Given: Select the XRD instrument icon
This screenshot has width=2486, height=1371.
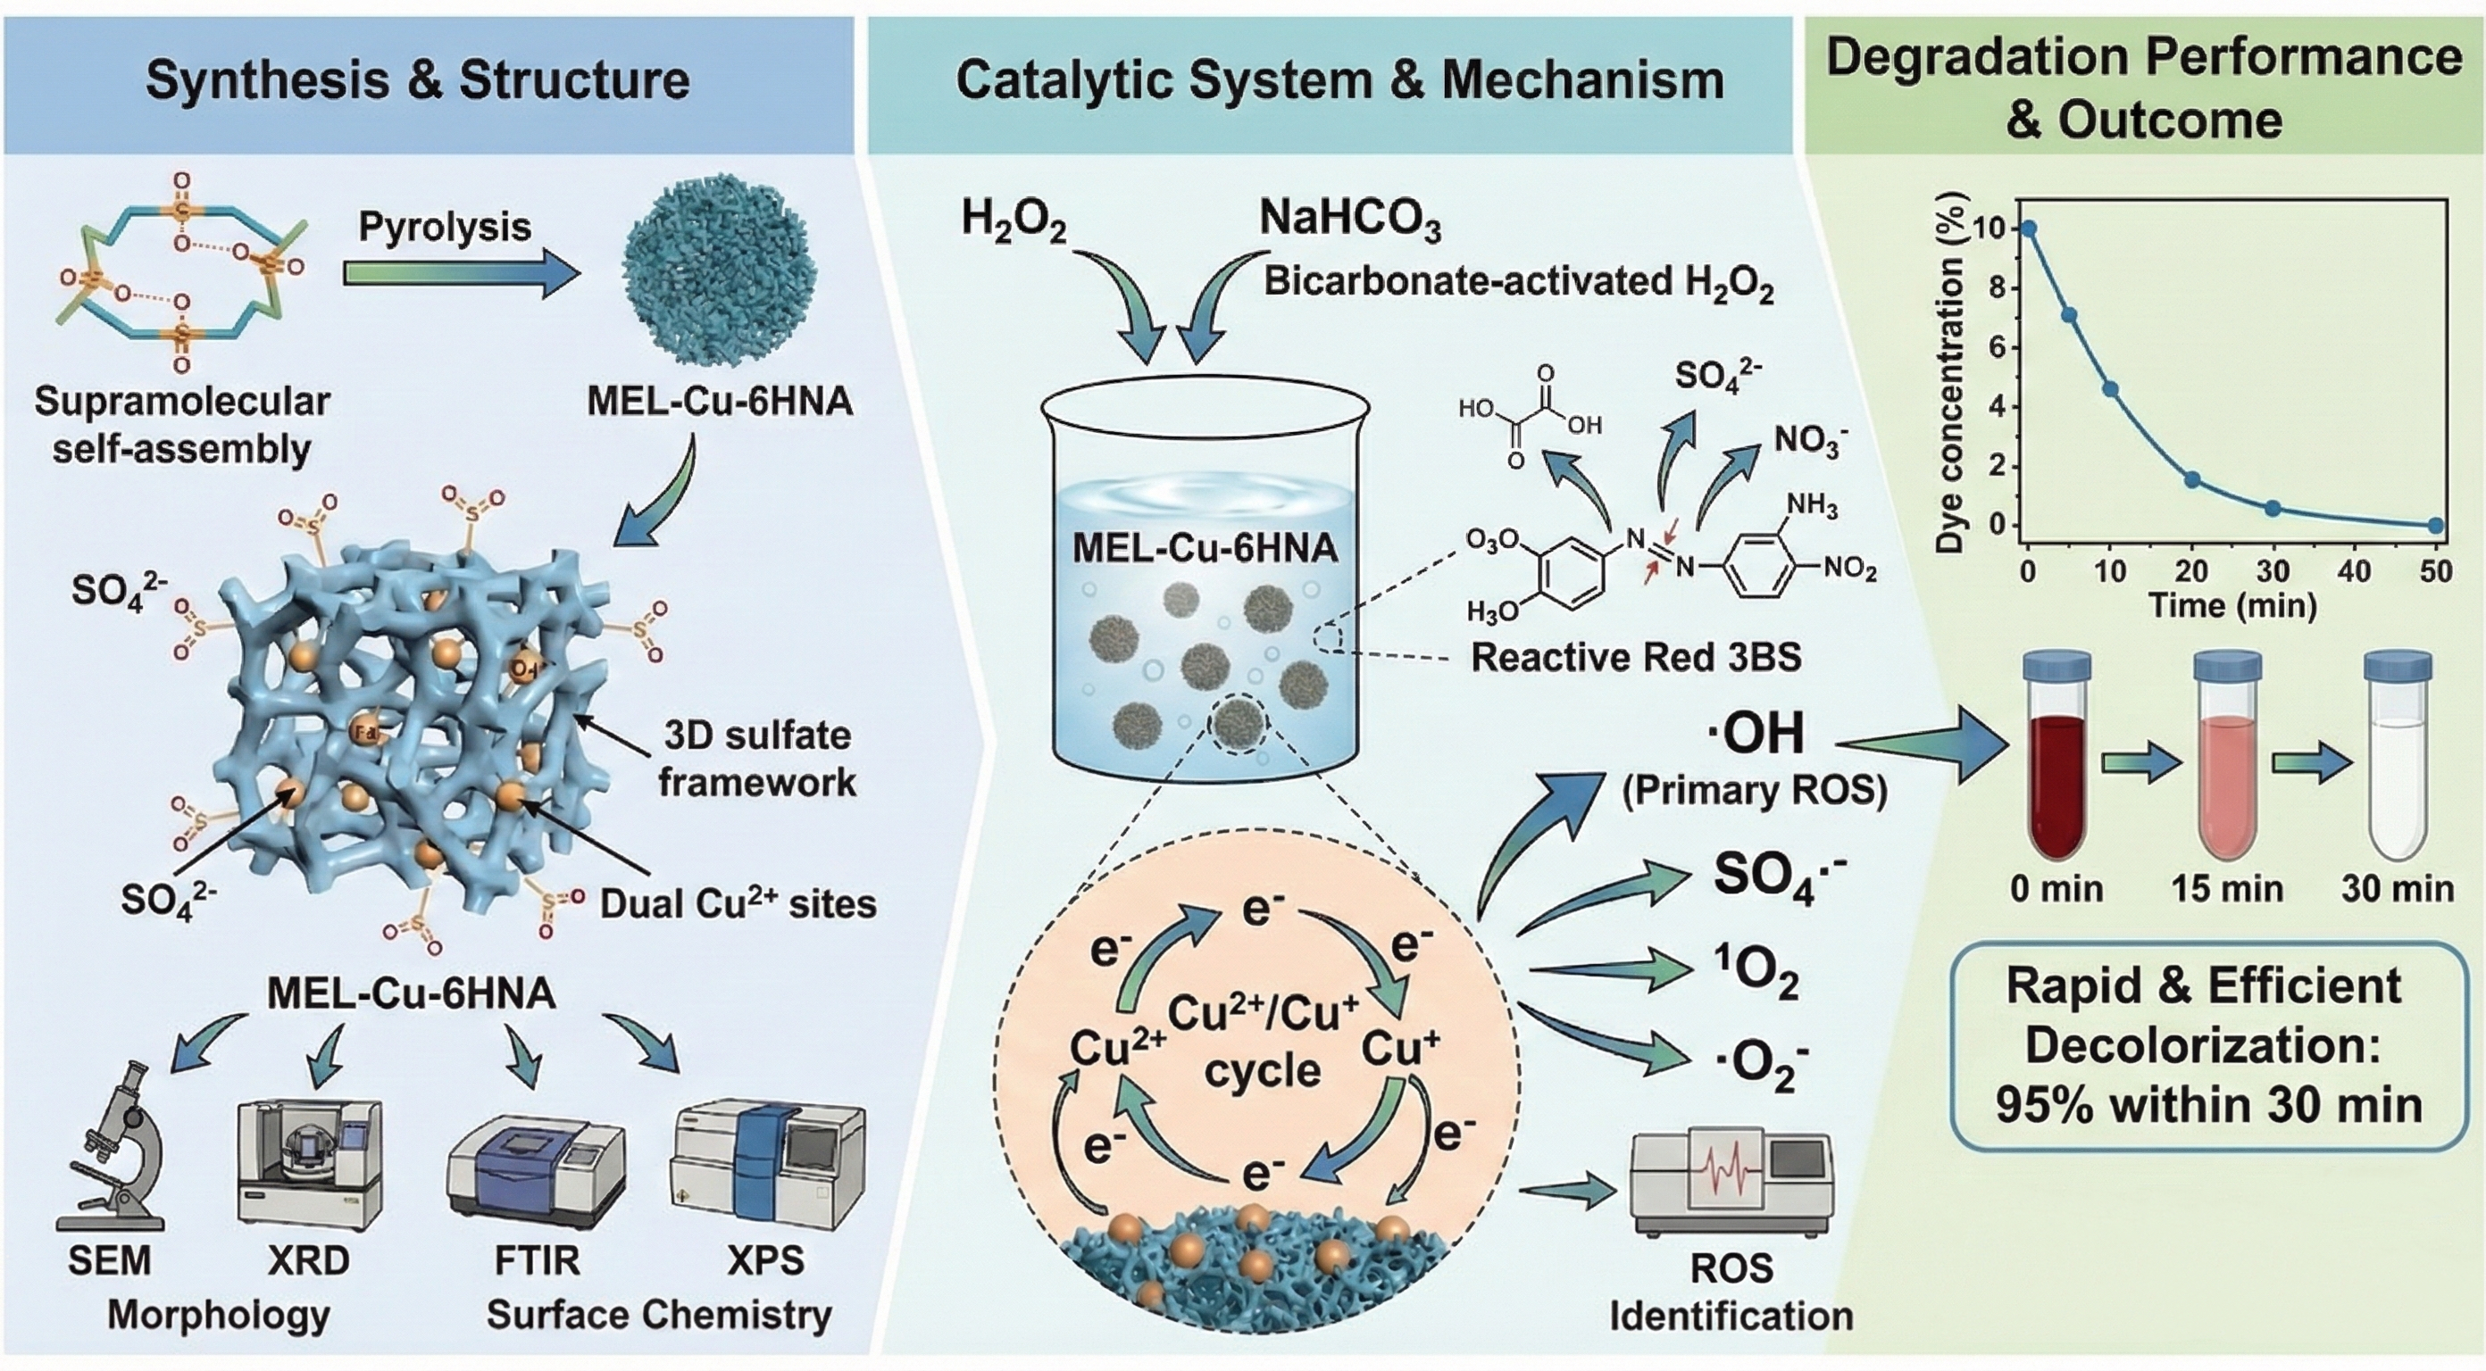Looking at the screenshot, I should point(310,1163).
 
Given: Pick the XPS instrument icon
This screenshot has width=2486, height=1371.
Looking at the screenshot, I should point(768,1167).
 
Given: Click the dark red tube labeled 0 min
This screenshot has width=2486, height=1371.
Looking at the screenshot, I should point(2056,762).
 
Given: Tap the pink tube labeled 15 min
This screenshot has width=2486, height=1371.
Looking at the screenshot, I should point(2227,762).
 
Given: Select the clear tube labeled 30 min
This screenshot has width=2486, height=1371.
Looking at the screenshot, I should point(2396,762).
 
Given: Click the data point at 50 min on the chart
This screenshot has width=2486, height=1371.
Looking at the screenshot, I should point(2435,526).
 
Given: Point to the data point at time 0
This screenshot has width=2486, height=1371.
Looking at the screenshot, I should point(2029,228).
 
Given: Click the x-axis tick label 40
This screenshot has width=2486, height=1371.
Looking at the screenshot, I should point(2354,572).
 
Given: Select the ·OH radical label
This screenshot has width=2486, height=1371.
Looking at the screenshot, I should point(1756,735).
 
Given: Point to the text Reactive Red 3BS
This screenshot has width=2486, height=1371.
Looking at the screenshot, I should point(1636,657).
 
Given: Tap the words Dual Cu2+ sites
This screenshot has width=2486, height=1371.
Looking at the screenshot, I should point(738,904).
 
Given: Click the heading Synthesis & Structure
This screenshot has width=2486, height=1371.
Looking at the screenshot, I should point(418,80).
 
